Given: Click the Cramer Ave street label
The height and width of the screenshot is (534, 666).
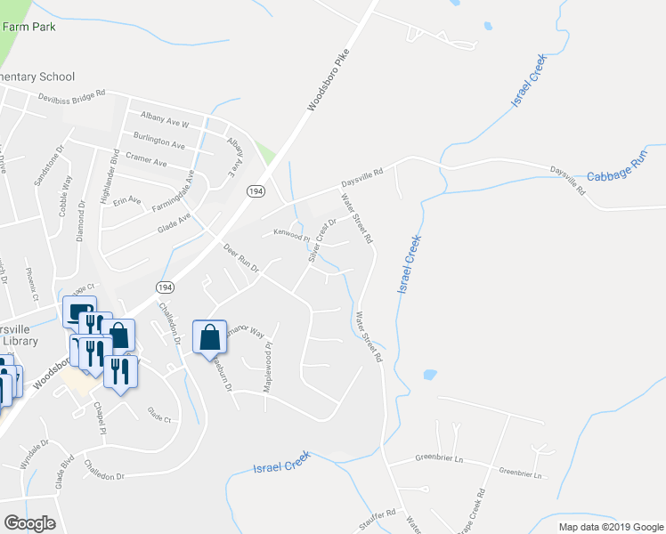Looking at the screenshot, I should point(146,163).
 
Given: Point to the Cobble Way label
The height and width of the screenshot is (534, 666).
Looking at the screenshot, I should point(65,201).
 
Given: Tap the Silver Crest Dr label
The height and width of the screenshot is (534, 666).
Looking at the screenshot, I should point(321,240).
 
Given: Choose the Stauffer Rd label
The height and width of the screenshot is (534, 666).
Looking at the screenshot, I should point(379,515).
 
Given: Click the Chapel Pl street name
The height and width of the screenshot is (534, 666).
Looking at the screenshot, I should point(101,418).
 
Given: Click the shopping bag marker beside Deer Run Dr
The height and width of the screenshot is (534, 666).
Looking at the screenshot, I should point(209,339).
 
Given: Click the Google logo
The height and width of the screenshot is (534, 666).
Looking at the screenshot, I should point(30,522).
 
